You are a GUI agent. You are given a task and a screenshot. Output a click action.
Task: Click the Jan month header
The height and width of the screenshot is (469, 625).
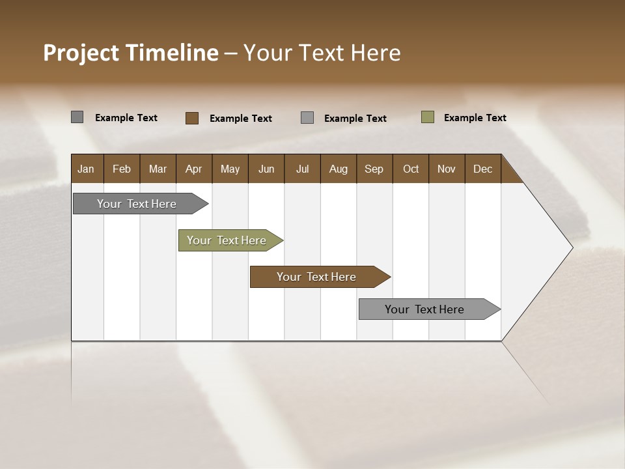pyautogui.click(x=86, y=169)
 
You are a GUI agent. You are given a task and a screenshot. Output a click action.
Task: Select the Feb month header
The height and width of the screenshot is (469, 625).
pyautogui.click(x=122, y=169)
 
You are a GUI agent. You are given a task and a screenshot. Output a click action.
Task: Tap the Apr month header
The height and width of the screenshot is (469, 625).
pyautogui.click(x=193, y=169)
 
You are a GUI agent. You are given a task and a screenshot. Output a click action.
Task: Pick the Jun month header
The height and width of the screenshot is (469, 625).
pyautogui.click(x=266, y=169)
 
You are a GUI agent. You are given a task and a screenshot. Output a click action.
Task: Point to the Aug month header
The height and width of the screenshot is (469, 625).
pyautogui.click(x=338, y=169)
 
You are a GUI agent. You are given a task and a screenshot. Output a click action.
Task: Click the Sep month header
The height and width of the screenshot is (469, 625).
pyautogui.click(x=374, y=169)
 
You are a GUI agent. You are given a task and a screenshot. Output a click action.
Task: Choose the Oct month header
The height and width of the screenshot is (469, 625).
pyautogui.click(x=411, y=169)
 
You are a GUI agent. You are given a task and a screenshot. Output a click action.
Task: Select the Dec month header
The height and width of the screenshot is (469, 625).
pyautogui.click(x=482, y=169)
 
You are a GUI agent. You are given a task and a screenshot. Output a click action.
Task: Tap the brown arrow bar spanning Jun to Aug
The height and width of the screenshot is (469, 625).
pyautogui.click(x=317, y=277)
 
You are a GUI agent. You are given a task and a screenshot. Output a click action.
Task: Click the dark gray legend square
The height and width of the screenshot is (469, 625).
pyautogui.click(x=77, y=117)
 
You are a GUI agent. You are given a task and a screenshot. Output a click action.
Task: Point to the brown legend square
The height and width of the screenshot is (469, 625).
pyautogui.click(x=191, y=118)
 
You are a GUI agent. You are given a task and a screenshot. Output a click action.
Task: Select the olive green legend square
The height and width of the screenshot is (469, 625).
pyautogui.click(x=428, y=117)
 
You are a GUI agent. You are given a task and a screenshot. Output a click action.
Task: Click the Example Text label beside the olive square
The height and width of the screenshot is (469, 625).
pyautogui.click(x=475, y=117)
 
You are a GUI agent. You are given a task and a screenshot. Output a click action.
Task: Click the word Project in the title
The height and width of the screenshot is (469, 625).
pyautogui.click(x=81, y=53)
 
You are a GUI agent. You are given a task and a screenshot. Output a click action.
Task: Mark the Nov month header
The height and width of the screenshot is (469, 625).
pyautogui.click(x=447, y=169)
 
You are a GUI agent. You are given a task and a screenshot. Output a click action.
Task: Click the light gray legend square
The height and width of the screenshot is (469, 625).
pyautogui.click(x=307, y=118)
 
